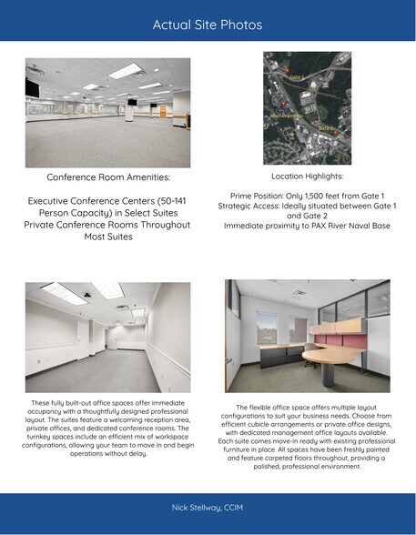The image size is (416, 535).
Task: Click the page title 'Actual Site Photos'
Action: click(208, 25)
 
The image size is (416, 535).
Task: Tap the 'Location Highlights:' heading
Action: click(307, 176)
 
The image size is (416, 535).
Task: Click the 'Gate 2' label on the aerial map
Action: click(325, 128)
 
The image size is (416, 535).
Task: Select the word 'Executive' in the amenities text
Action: click(57, 200)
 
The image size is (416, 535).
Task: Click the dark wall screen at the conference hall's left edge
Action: click(32, 89)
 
